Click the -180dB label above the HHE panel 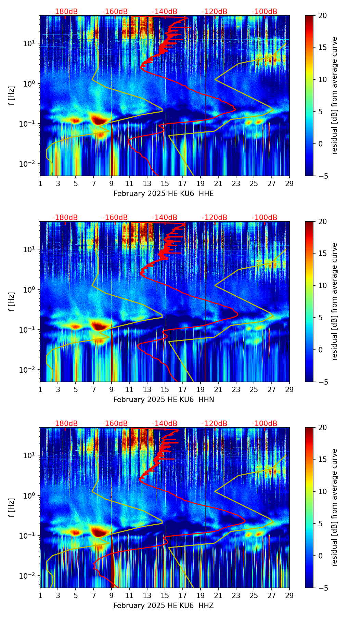coord(65,12)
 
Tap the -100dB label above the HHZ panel coord(265,424)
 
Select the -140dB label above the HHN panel coord(165,218)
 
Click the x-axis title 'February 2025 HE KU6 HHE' coord(164,194)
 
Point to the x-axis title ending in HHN coord(164,400)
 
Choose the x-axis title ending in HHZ coord(164,606)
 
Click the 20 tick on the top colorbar coord(322,16)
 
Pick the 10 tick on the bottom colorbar coord(322,492)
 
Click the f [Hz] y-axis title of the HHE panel coord(12,95)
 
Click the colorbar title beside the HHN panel coord(335,301)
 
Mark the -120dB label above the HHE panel coord(215,12)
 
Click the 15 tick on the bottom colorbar coord(322,460)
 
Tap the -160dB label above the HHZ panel coord(115,424)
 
